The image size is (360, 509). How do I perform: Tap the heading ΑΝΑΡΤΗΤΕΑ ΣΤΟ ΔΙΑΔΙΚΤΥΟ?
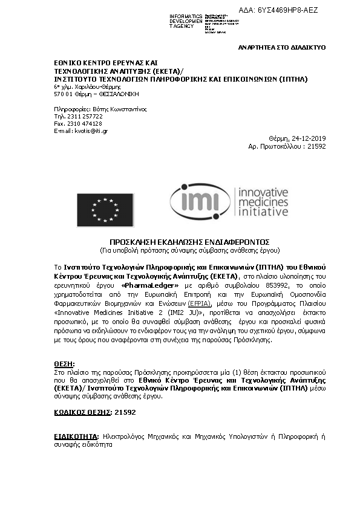point(282,47)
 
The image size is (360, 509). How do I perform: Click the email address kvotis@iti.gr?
point(82,131)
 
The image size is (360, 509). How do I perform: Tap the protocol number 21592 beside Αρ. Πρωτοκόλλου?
point(316,146)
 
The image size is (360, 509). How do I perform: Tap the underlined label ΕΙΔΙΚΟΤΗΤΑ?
point(76,435)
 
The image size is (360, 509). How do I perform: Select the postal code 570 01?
point(64,94)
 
